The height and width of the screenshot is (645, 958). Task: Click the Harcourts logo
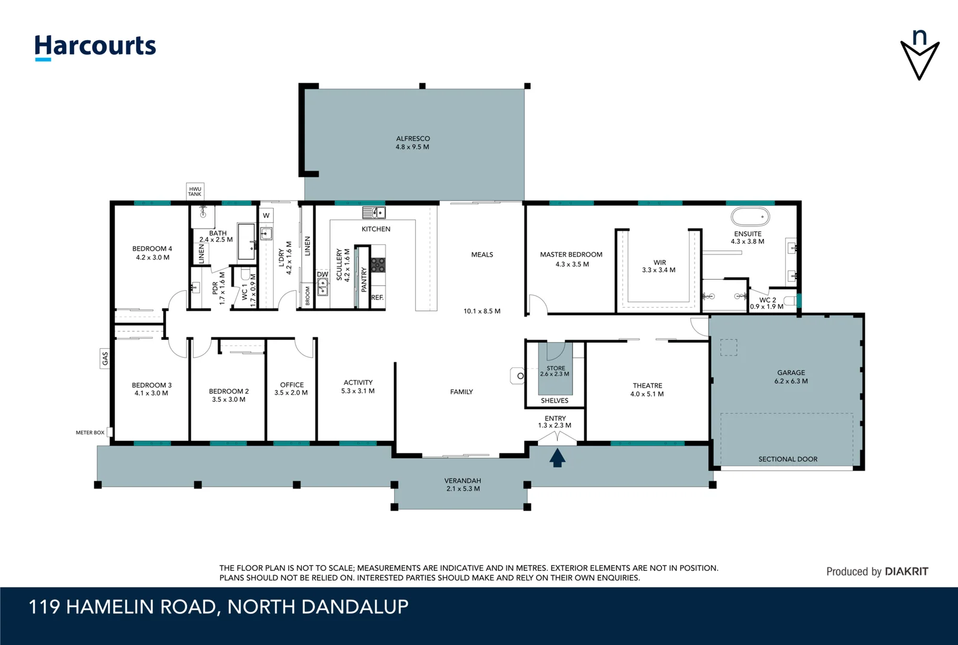[95, 47]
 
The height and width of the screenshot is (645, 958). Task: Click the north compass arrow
[920, 55]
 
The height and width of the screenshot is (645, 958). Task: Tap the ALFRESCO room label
[412, 139]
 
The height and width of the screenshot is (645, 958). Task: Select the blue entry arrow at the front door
[557, 458]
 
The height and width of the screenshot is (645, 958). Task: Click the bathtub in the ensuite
[750, 217]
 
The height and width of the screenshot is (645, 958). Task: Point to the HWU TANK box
[195, 191]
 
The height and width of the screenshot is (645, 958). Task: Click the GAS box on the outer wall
[105, 358]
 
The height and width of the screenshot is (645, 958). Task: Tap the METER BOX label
[90, 432]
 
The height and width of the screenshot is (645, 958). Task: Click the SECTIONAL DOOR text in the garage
[788, 459]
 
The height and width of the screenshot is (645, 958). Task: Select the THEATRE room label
[647, 386]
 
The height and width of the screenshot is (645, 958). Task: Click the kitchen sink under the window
[374, 213]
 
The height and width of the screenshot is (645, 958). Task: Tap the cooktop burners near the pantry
[378, 265]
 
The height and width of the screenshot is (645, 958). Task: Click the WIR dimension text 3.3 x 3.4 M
[659, 270]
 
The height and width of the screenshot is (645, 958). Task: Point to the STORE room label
[555, 368]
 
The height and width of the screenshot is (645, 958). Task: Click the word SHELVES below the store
[555, 401]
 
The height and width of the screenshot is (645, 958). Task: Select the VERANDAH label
[463, 481]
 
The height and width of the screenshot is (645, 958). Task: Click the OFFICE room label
[292, 385]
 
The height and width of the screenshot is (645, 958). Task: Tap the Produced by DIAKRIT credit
[877, 572]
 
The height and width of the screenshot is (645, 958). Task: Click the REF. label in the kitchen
[377, 297]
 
